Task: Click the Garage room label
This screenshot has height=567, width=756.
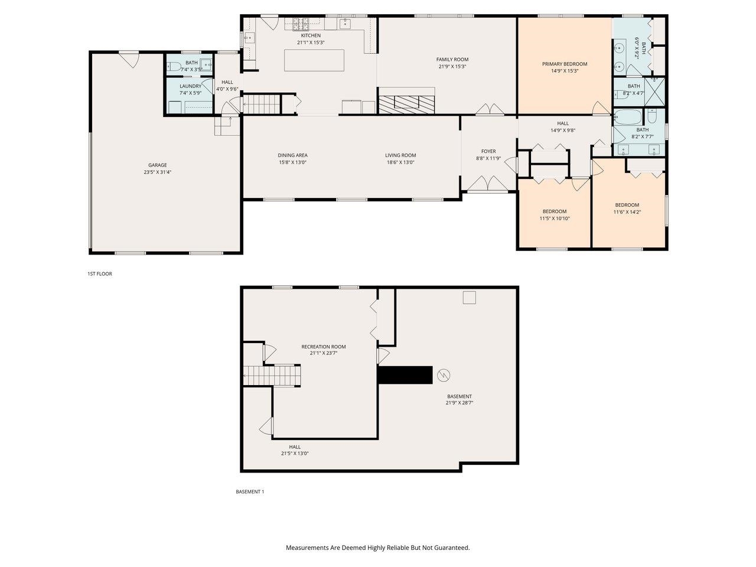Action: click(157, 165)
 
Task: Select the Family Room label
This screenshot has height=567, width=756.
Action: click(452, 59)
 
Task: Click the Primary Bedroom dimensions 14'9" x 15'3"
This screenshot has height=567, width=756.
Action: click(565, 71)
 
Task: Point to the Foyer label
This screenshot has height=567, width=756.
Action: click(488, 151)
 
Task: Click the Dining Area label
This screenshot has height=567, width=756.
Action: click(292, 155)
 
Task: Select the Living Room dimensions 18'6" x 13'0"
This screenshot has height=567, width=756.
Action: click(400, 162)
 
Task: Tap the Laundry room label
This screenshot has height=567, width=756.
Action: click(190, 86)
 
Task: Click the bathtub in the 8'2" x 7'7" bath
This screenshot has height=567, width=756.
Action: click(626, 116)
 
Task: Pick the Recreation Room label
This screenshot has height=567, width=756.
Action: click(323, 347)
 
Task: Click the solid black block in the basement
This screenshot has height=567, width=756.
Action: click(405, 375)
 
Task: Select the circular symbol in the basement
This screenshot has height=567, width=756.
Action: click(443, 374)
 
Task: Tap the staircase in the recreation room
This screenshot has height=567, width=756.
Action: click(273, 375)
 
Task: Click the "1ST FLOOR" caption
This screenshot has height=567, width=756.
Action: click(99, 274)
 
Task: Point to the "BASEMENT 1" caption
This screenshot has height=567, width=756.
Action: click(249, 491)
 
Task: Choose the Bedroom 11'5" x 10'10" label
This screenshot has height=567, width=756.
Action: click(554, 211)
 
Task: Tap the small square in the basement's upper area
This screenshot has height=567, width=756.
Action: click(468, 297)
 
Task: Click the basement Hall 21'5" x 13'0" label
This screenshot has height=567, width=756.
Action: click(295, 447)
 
